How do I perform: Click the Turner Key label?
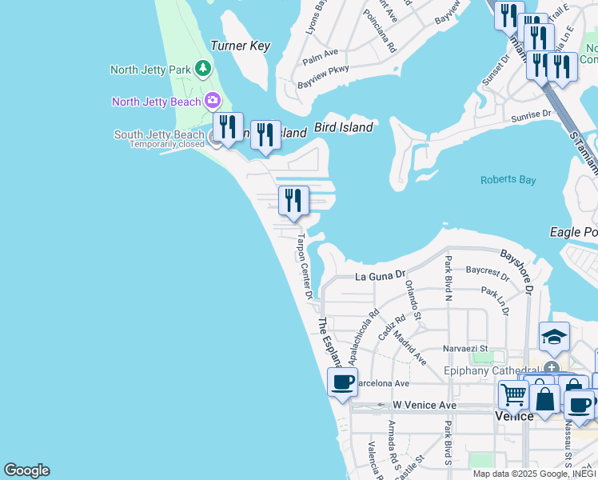click(240, 46)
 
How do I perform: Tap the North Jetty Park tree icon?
click(203, 69)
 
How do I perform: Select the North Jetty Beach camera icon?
click(212, 100)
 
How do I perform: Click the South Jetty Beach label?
click(159, 134)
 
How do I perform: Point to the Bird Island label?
click(344, 127)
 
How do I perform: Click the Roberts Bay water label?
click(508, 180)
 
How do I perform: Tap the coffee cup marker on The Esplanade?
click(342, 382)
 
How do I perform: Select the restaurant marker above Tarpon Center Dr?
click(293, 201)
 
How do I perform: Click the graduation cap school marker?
click(554, 336)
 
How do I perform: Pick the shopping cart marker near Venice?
click(513, 394)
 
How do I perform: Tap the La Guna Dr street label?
click(381, 277)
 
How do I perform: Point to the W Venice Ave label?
click(425, 406)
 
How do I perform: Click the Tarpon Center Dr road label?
click(304, 266)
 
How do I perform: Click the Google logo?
click(26, 470)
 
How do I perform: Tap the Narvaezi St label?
click(464, 349)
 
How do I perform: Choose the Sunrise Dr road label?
click(532, 114)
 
